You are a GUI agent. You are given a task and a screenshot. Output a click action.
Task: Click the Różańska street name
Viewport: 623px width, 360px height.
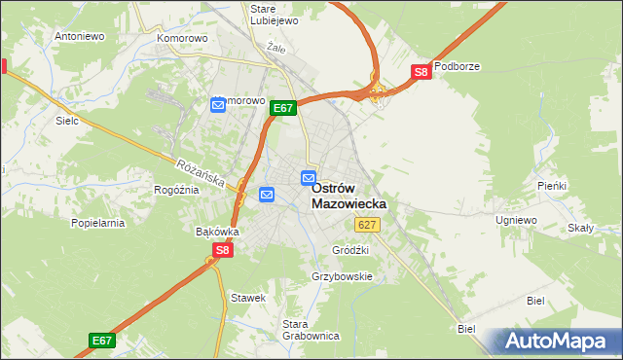pyautogui.click(x=202, y=173)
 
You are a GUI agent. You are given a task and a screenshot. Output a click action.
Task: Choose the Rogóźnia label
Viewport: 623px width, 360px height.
pyautogui.click(x=176, y=190)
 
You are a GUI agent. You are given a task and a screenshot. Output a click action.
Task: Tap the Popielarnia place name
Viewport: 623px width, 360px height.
pyautogui.click(x=98, y=223)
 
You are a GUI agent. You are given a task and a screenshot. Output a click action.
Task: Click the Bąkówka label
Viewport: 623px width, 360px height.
pyautogui.click(x=217, y=233)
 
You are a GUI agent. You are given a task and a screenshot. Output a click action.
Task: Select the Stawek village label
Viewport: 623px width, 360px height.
pyautogui.click(x=247, y=297)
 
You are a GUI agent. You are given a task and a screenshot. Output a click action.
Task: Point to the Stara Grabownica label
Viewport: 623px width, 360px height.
pyautogui.click(x=310, y=330)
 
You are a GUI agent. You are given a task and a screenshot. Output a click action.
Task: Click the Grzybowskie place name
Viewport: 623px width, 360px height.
pyautogui.click(x=342, y=276)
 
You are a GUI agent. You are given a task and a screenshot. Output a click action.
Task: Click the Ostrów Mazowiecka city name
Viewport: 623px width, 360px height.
pyautogui.click(x=348, y=196)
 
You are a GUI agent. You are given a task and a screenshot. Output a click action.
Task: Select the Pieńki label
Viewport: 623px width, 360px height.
pyautogui.click(x=551, y=185)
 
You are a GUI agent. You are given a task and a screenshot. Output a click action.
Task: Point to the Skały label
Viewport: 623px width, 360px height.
pyautogui.click(x=581, y=228)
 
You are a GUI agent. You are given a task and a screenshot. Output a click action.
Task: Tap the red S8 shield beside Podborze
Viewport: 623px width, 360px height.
pyautogui.click(x=421, y=72)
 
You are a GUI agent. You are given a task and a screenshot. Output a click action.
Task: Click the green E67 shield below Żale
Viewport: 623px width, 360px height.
pyautogui.click(x=282, y=108)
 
